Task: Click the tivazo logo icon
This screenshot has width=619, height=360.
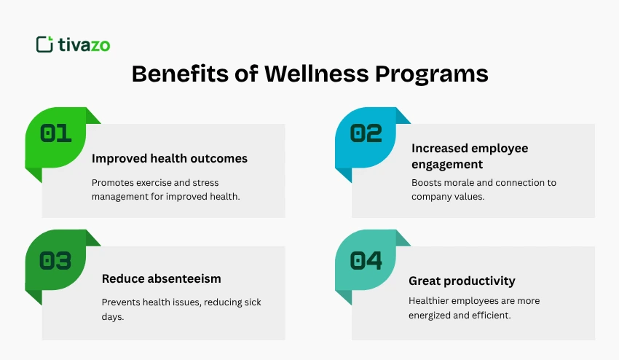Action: pyautogui.click(x=44, y=44)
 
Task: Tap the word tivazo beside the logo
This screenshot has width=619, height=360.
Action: pyautogui.click(x=83, y=44)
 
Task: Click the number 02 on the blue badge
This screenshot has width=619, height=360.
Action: pyautogui.click(x=366, y=133)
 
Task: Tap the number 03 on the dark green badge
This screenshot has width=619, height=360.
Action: pyautogui.click(x=55, y=261)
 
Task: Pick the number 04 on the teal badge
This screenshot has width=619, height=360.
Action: pyautogui.click(x=366, y=261)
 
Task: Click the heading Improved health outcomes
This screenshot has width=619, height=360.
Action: pyautogui.click(x=170, y=158)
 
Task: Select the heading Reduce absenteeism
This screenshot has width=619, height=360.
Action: pyautogui.click(x=161, y=278)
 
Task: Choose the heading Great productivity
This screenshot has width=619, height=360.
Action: pyautogui.click(x=462, y=281)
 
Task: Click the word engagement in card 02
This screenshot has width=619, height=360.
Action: pyautogui.click(x=447, y=165)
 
